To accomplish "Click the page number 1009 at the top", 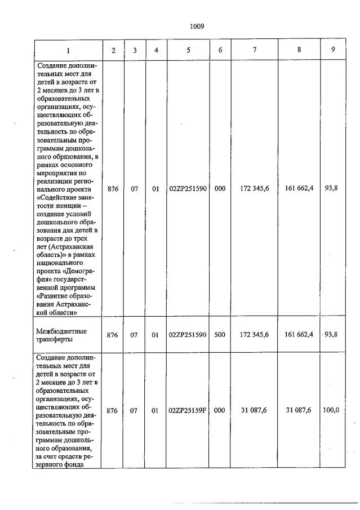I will coord(197,26).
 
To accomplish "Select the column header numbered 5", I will coord(188,50).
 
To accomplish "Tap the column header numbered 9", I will coord(332,50).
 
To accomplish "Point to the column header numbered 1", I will coord(68,50).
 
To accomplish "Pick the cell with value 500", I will coord(220,334).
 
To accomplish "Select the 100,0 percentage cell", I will coord(331,411).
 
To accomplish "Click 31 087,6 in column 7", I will coord(255,411).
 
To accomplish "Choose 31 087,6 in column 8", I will coord(299,411).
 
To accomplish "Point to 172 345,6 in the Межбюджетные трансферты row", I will coord(255,334).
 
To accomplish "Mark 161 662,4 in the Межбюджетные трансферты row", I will coord(299,334).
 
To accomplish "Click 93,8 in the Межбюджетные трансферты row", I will coord(331,334).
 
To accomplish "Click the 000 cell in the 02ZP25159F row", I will coord(220,411).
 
